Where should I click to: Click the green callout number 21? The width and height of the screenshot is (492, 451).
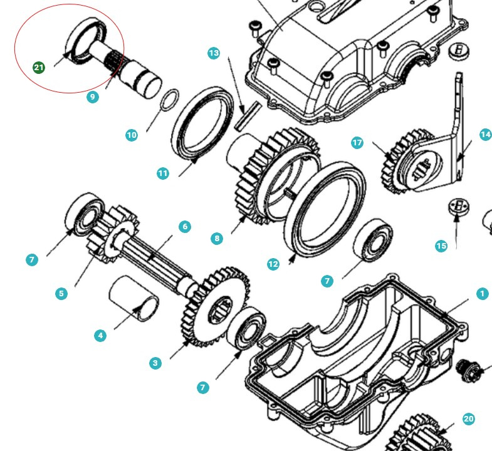[x=39, y=67]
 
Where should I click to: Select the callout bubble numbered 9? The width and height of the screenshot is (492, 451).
[x=93, y=97]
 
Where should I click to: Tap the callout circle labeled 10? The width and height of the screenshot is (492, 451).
[x=131, y=135]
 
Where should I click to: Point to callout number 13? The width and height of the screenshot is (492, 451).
[x=214, y=53]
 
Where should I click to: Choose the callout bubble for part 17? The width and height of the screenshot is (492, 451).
[x=357, y=143]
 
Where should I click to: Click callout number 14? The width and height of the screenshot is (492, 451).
[x=485, y=135]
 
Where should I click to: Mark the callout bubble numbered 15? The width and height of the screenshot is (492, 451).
[x=441, y=246]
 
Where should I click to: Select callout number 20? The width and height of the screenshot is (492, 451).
[x=469, y=419]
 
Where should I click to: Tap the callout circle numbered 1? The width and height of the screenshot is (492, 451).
[x=481, y=293]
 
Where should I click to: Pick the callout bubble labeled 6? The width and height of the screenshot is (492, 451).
[x=184, y=227]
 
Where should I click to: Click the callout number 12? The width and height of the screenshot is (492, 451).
[x=273, y=264]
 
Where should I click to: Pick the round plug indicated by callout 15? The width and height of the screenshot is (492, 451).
[x=460, y=207]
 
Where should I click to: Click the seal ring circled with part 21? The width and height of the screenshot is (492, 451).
[x=86, y=41]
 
